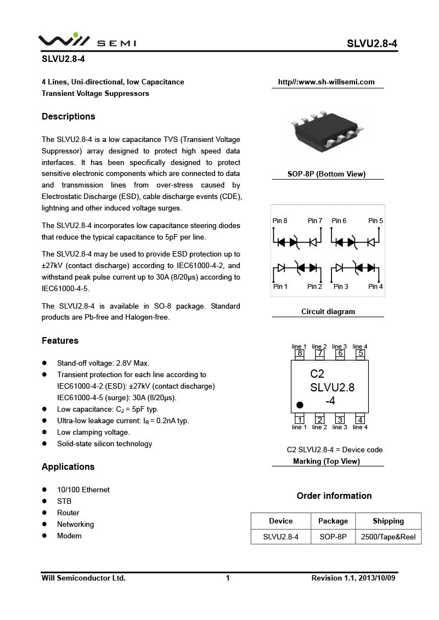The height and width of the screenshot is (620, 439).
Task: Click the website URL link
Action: [x=326, y=82]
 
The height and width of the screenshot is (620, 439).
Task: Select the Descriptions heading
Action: [x=68, y=116]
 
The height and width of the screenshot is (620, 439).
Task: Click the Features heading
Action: [x=60, y=340]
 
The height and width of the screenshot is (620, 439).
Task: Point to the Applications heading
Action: [x=68, y=467]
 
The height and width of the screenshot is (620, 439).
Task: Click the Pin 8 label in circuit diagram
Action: [x=280, y=221]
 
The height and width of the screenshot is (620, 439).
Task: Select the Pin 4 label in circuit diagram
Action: [x=375, y=287]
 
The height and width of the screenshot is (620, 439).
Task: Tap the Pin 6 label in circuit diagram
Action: [x=339, y=221]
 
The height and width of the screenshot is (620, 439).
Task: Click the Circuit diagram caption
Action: [x=328, y=311]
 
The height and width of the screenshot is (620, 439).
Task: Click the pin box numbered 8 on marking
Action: [x=300, y=354]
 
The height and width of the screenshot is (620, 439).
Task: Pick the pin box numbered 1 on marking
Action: [x=300, y=420]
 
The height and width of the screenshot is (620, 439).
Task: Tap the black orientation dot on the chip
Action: [x=300, y=405]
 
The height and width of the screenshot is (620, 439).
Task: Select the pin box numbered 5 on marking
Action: [x=361, y=354]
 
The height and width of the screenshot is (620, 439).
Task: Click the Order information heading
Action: [x=334, y=496]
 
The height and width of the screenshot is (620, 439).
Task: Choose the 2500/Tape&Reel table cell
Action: [x=388, y=537]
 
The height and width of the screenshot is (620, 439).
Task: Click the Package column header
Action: [x=333, y=521]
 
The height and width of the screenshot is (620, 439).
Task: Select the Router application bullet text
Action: [x=68, y=513]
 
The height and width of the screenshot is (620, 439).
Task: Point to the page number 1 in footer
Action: [x=227, y=578]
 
